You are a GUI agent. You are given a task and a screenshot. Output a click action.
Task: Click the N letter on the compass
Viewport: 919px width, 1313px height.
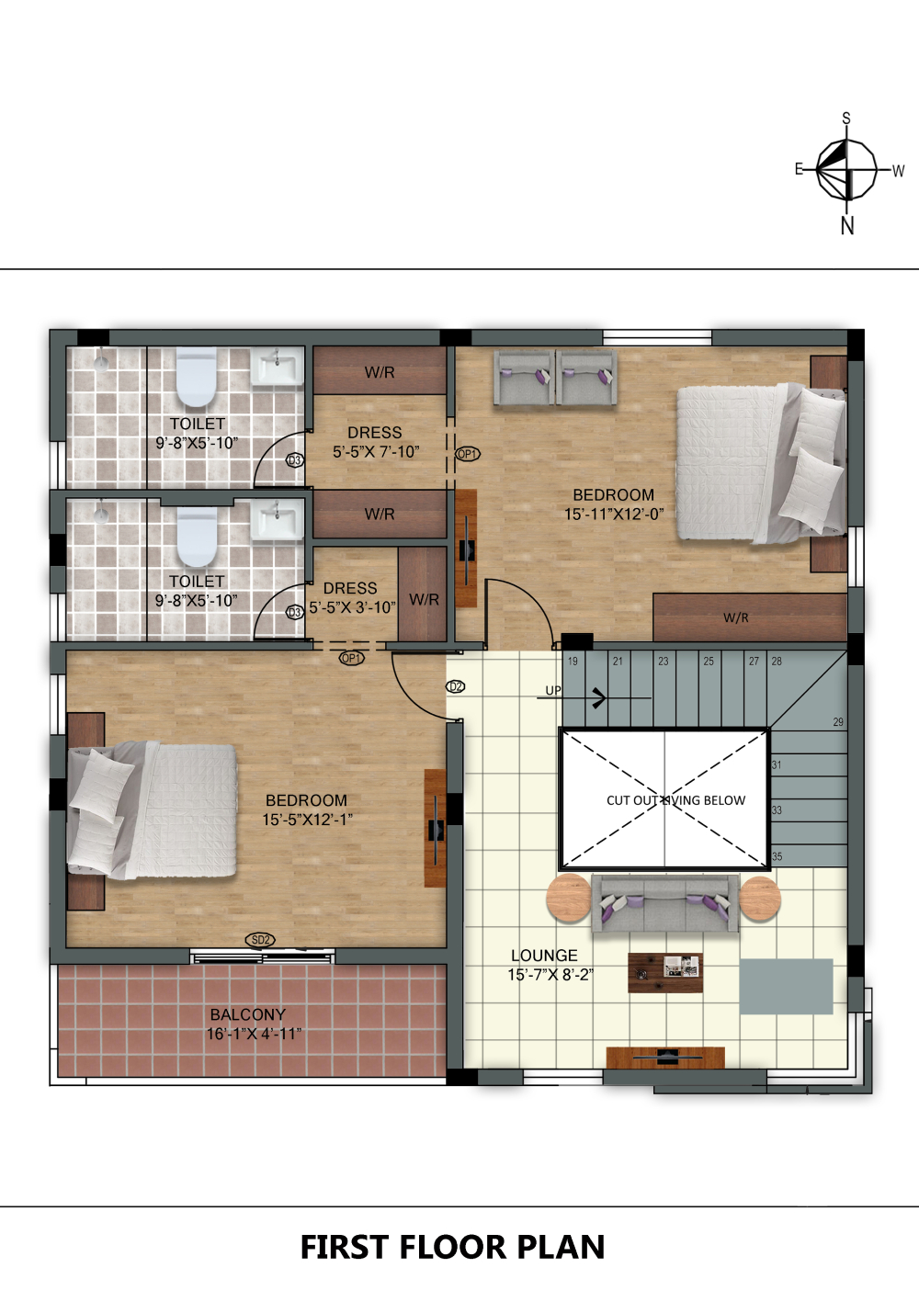[x=847, y=226]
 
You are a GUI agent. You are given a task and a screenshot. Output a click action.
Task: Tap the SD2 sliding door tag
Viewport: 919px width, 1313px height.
[x=260, y=940]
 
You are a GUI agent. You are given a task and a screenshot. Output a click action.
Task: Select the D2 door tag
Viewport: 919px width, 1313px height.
[x=456, y=686]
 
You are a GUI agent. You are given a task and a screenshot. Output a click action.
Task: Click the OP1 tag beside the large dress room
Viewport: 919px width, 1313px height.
[x=468, y=454]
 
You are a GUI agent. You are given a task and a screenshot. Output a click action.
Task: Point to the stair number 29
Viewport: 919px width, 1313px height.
[x=838, y=722]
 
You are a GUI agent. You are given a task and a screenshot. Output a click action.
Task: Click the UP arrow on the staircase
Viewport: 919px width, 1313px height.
[x=594, y=698]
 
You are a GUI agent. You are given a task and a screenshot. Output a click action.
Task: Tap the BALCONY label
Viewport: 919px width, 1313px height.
[x=248, y=1014]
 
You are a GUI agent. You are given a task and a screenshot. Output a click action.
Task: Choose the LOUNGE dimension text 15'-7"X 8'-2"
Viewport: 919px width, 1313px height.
[x=550, y=975]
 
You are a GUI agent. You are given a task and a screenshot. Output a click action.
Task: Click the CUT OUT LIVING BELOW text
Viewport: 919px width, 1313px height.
[x=675, y=800]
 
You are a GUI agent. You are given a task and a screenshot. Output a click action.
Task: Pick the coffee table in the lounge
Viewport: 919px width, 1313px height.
[x=665, y=973]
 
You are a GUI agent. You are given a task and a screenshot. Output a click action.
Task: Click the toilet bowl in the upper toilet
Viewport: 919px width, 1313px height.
[x=197, y=377]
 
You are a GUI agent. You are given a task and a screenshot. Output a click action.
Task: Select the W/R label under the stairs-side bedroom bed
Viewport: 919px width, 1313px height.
[x=735, y=617]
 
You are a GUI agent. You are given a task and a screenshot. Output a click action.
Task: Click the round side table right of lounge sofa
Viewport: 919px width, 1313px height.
[x=760, y=899]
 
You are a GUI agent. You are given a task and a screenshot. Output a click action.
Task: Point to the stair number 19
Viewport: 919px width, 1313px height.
[x=573, y=662]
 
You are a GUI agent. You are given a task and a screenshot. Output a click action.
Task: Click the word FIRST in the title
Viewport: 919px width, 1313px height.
[x=345, y=1247]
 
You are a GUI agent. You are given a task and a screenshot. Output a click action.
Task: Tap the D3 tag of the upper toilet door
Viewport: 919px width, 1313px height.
[x=295, y=460]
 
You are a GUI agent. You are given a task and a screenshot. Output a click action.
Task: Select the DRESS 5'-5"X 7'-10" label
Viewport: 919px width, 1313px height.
[x=376, y=442]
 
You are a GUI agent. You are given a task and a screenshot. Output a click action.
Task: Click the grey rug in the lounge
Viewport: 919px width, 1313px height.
[x=786, y=987]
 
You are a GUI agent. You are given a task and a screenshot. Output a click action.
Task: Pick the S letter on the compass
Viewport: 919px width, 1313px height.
[x=846, y=119]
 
